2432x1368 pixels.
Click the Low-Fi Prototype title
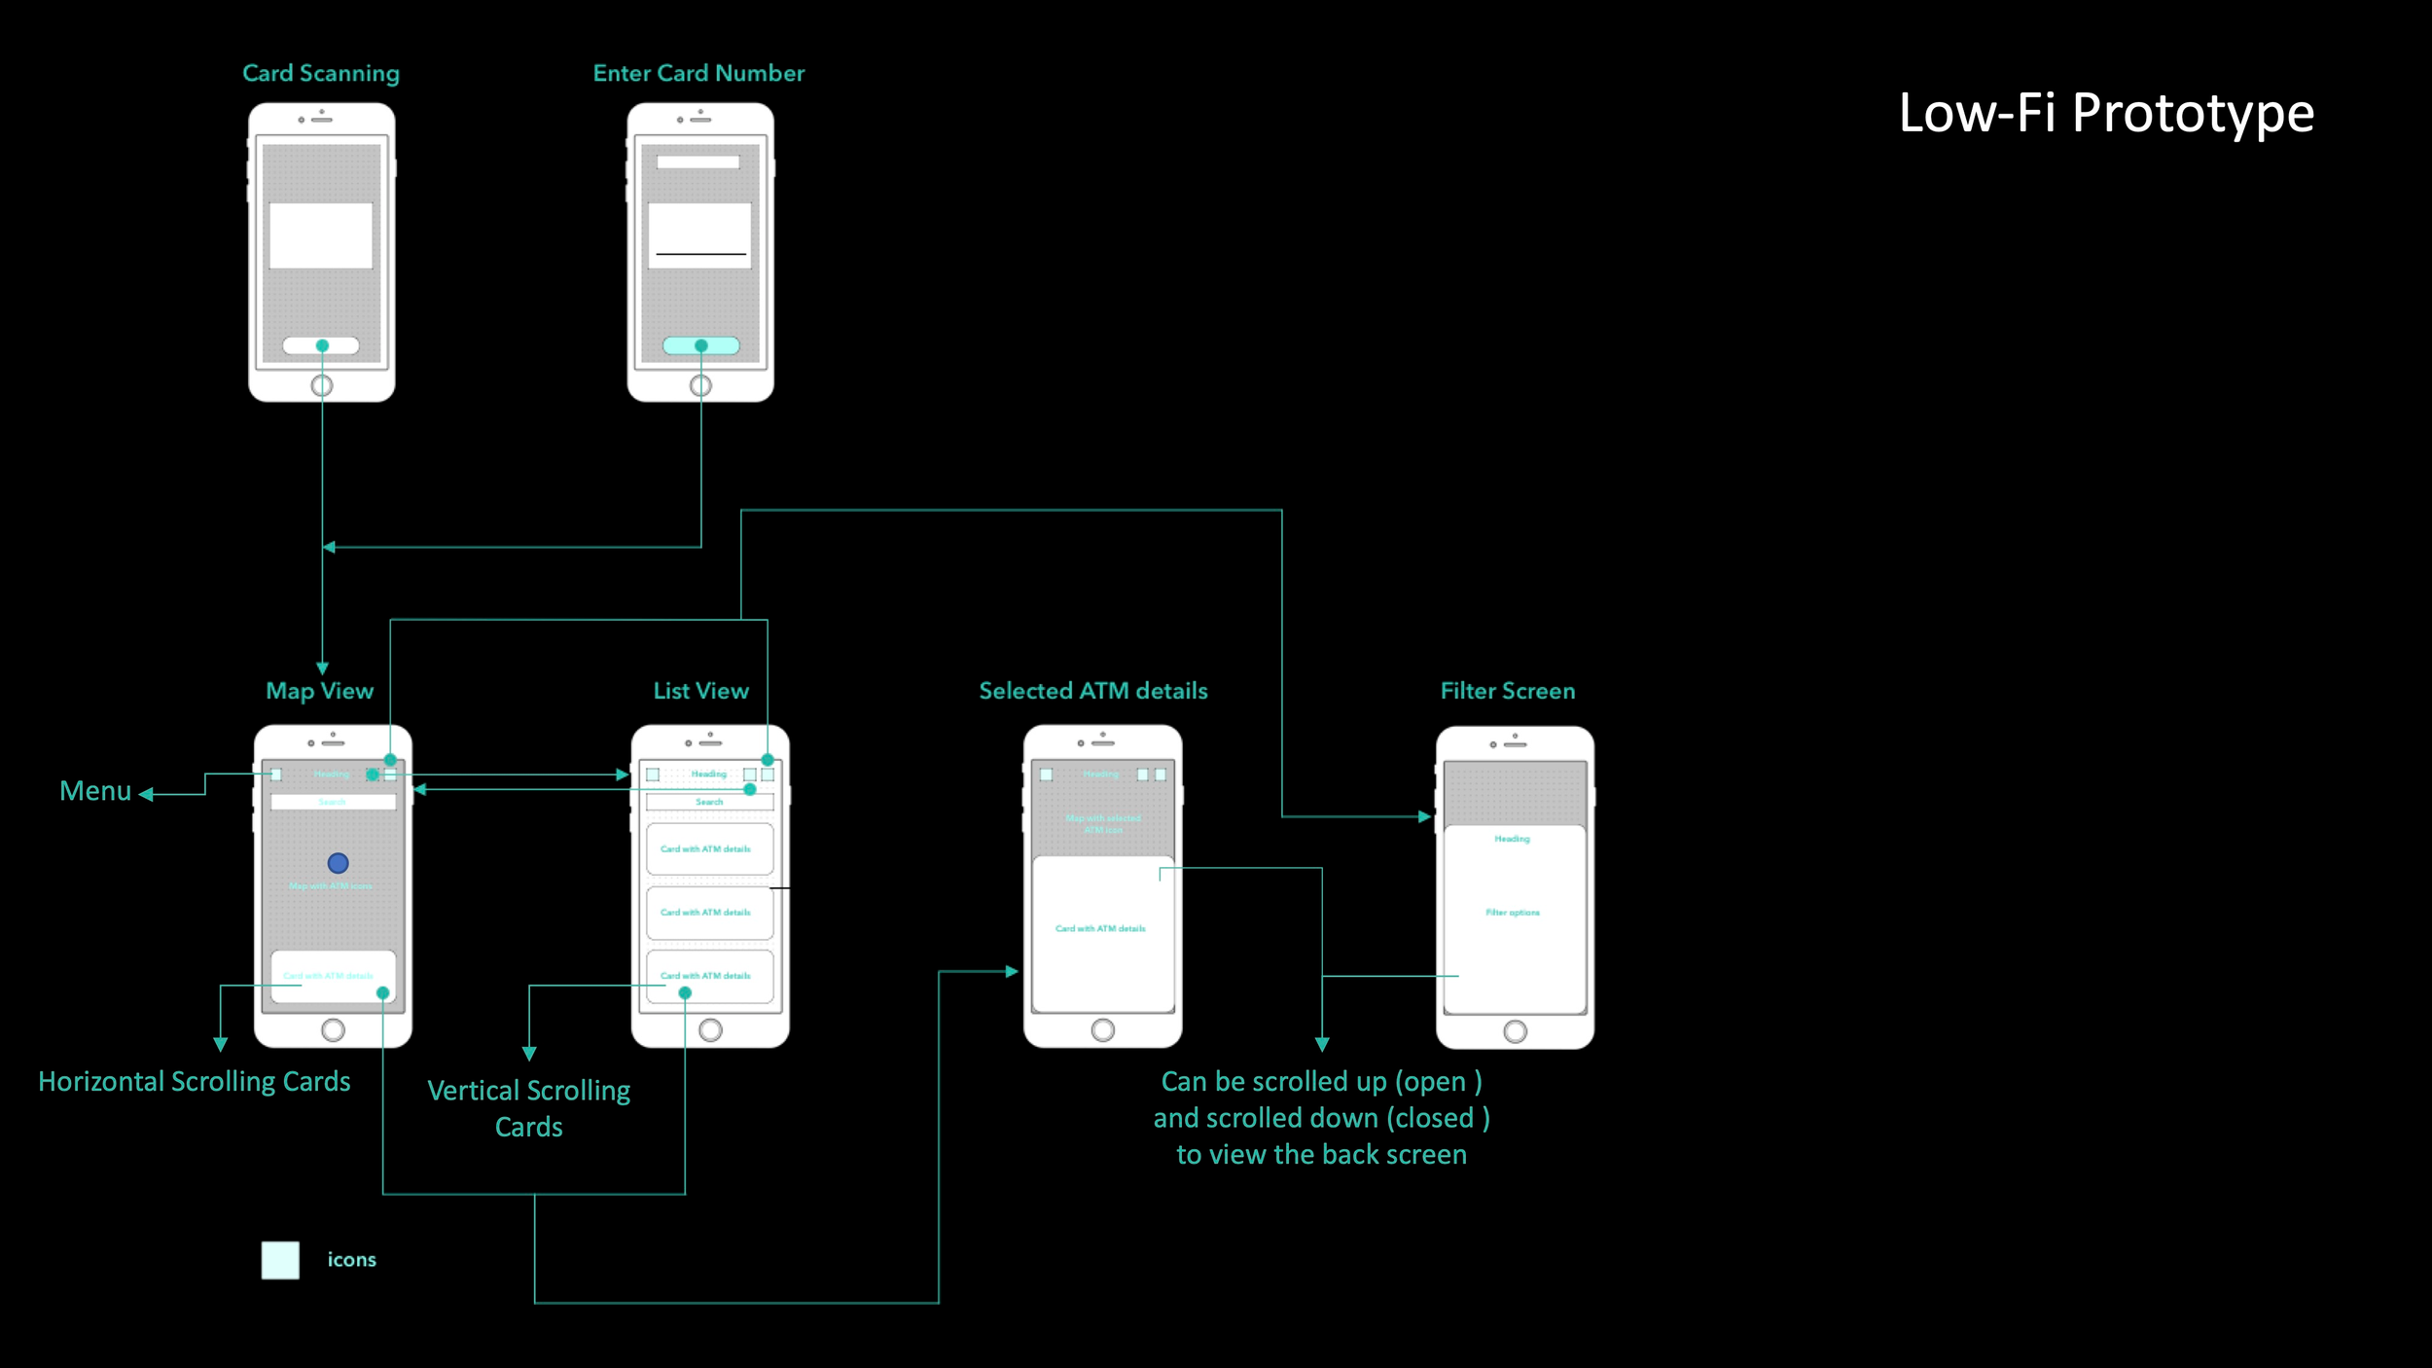tap(2106, 114)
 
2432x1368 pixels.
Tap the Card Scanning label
tap(321, 73)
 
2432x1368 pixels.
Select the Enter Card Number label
tap(698, 73)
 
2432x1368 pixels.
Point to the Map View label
tap(319, 691)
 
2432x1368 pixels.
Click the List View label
tap(700, 691)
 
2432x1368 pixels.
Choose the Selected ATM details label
tap(1093, 691)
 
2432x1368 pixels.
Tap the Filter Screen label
tap(1507, 691)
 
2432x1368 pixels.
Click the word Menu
tap(95, 791)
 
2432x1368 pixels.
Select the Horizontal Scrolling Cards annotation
tap(195, 1082)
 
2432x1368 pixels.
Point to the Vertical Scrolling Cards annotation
tap(529, 1108)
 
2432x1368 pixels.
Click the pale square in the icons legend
tap(280, 1260)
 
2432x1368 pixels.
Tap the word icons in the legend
tap(351, 1260)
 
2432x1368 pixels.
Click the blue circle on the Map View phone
tap(338, 863)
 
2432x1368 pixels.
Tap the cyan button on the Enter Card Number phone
tap(700, 345)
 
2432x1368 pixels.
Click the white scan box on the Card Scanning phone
tap(321, 235)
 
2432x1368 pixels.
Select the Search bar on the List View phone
tap(709, 802)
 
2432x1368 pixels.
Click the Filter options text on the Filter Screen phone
tap(1513, 913)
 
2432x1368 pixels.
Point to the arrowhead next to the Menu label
tap(146, 795)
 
